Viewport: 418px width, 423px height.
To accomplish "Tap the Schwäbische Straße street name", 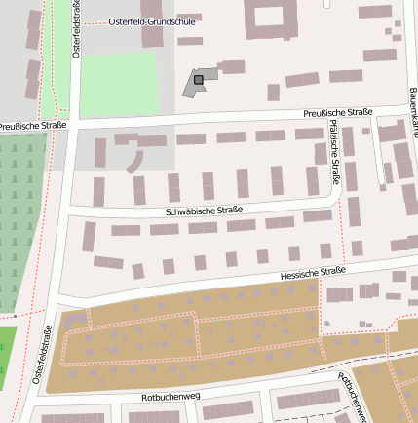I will click(x=202, y=210).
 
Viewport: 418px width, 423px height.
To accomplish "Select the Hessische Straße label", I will click(x=305, y=274).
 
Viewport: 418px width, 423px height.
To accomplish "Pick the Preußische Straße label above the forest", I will click(x=32, y=126).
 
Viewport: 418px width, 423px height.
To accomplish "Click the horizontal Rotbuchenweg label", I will click(x=170, y=397).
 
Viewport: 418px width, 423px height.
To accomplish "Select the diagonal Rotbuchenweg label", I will click(x=353, y=397).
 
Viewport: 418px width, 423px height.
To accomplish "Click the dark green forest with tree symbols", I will click(x=21, y=224).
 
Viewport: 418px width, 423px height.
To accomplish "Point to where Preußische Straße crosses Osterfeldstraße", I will click(x=71, y=127).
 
